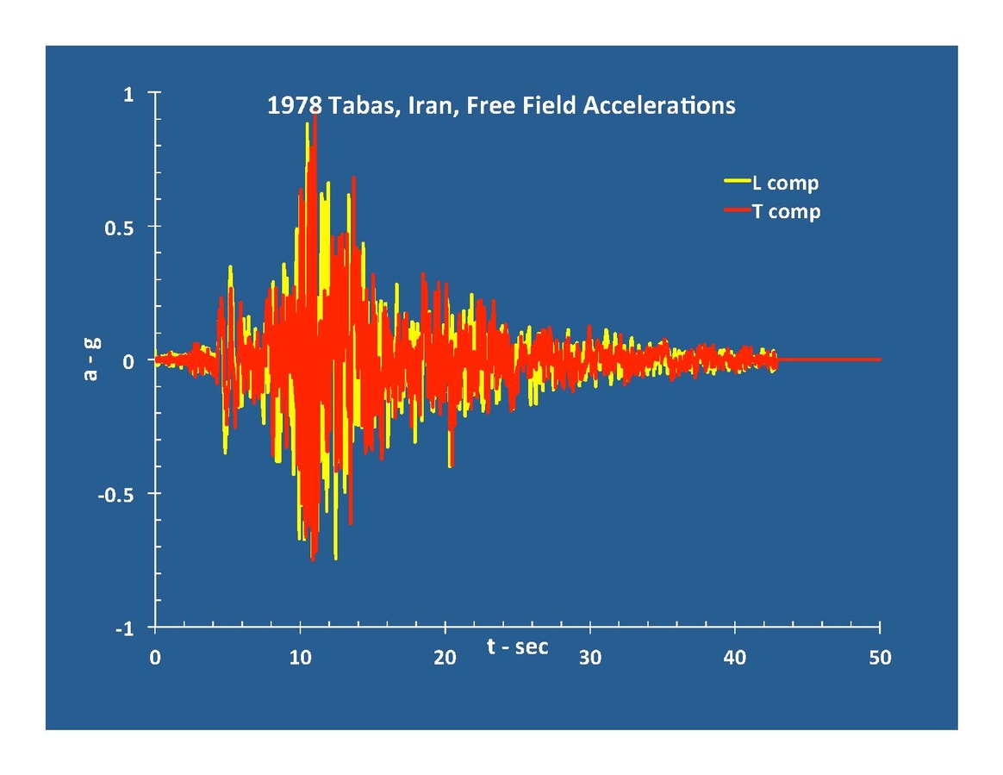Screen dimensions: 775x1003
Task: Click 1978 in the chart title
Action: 294,106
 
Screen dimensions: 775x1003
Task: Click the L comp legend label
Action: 785,183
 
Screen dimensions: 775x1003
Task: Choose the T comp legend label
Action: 786,211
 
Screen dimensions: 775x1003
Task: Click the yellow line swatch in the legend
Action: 737,182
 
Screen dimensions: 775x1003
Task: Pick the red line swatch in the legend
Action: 737,210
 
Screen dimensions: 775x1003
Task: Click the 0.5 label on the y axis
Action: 118,228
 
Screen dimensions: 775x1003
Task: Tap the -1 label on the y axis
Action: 124,629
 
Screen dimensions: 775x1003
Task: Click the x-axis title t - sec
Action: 517,647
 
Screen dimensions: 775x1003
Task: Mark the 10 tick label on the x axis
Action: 300,658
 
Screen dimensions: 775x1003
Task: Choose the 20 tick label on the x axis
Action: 445,658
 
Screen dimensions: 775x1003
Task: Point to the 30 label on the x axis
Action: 590,658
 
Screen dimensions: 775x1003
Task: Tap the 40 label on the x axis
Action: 735,658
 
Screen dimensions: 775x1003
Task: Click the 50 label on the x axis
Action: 880,658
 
